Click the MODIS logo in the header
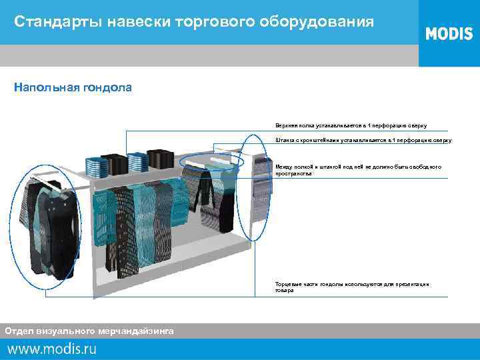449,33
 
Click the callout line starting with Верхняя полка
351,125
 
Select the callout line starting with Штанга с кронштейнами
363,141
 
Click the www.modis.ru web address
52,348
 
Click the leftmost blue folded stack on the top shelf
96,166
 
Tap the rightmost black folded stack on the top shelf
159,158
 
